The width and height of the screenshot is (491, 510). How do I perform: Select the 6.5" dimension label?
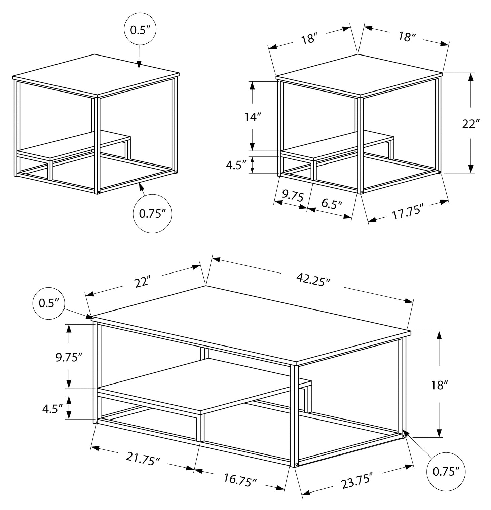tap(332, 204)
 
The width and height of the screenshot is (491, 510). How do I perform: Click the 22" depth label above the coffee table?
tap(142, 282)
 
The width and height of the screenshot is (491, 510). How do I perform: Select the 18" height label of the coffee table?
tap(438, 385)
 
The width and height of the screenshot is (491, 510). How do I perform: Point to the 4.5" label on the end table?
tap(236, 166)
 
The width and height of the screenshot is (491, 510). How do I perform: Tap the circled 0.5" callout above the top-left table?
tap(140, 30)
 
